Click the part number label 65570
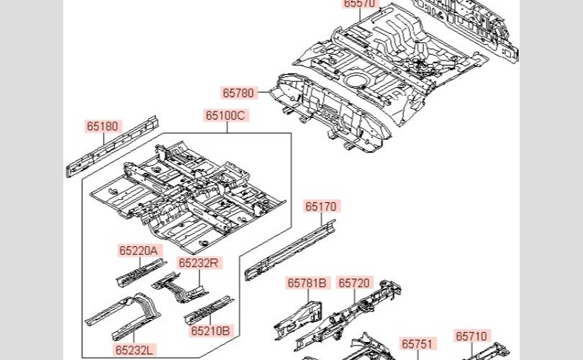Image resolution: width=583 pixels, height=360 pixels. click(359, 4)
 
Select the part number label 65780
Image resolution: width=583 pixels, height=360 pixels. click(238, 93)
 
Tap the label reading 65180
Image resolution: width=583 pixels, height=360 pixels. click(102, 126)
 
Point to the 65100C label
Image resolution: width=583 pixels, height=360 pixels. click(225, 115)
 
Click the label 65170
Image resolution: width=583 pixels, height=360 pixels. click(320, 207)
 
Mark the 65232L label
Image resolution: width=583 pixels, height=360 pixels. click(135, 350)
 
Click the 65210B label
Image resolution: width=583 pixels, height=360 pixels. click(211, 331)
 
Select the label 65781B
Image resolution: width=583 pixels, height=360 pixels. click(307, 283)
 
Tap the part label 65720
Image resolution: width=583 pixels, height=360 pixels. click(353, 283)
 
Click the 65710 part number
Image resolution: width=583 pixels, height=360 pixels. click(471, 336)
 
